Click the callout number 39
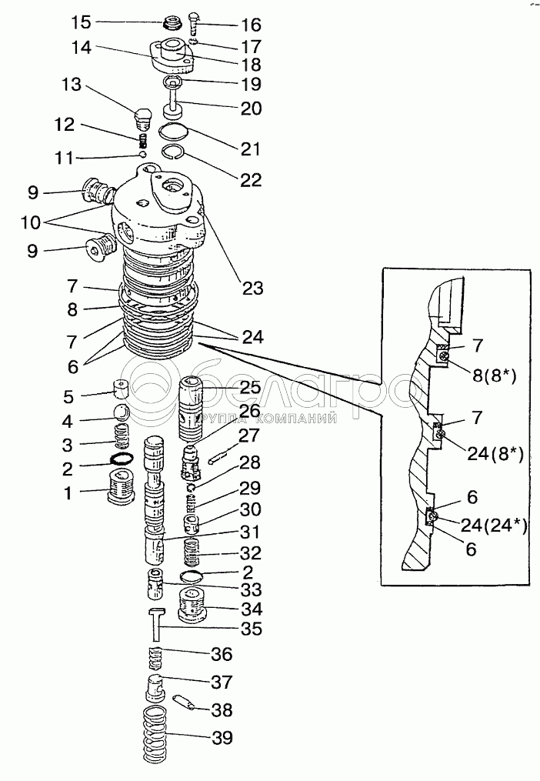pos(222,737)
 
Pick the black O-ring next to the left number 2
pos(120,459)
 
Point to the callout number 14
pos(82,48)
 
